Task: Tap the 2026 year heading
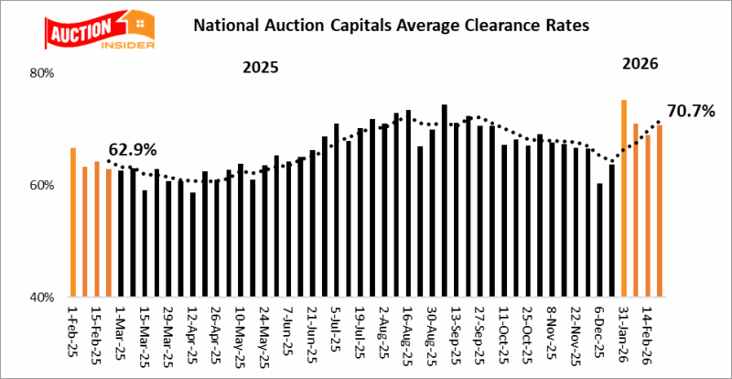(x=640, y=64)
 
